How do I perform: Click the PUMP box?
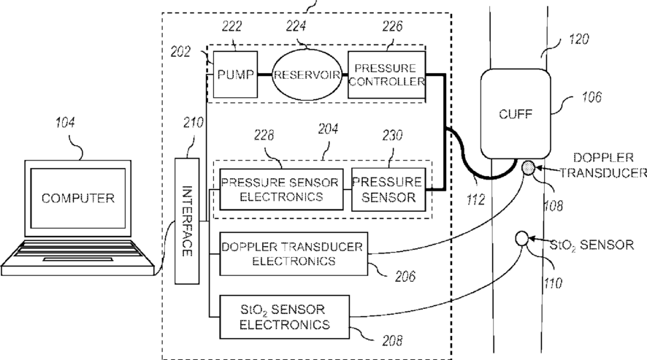click(235, 74)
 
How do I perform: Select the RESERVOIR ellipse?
click(307, 74)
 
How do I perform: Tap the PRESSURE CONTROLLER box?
click(386, 74)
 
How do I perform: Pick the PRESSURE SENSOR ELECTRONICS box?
click(281, 189)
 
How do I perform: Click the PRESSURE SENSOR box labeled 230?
click(388, 189)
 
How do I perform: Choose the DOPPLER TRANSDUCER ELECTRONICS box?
click(294, 253)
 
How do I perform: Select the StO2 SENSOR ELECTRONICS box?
click(284, 317)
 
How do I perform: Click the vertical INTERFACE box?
click(187, 221)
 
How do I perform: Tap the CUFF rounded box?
click(516, 113)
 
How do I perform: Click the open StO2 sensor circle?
click(522, 238)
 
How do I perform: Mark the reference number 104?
click(65, 123)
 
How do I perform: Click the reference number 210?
click(194, 123)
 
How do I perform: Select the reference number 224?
click(296, 26)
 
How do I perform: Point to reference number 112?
click(475, 200)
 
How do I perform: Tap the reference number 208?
click(392, 340)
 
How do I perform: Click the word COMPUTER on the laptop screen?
click(78, 198)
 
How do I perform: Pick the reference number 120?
click(579, 39)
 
